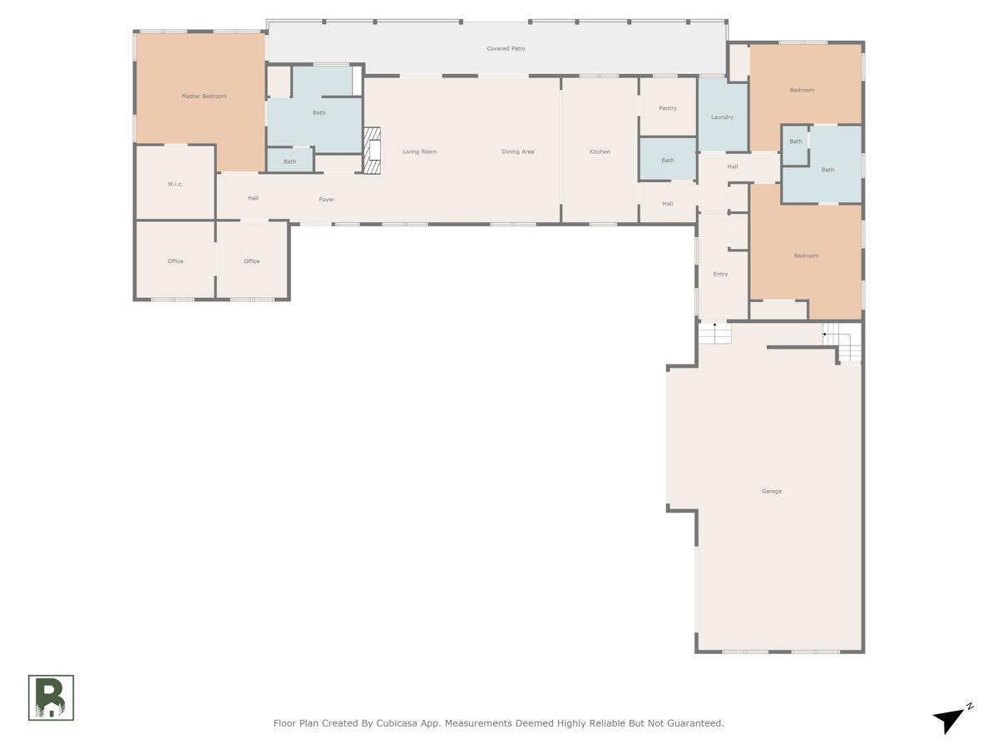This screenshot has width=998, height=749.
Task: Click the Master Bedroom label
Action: coord(204,97)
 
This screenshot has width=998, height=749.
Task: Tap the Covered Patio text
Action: coord(506,49)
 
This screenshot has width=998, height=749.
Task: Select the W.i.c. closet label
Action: coord(175,184)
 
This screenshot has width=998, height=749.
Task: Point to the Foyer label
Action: coord(327,200)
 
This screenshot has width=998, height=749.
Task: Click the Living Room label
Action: coord(420,151)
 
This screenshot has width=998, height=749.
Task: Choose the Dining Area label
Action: coord(517,151)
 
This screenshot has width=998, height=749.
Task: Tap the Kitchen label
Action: coord(600,151)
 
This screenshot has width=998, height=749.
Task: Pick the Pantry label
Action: coord(667,108)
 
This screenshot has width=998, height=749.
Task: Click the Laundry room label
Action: coord(722,117)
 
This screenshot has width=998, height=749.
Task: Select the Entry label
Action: coord(720,275)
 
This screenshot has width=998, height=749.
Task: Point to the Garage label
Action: coord(771,492)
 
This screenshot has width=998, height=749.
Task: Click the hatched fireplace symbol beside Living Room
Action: coord(372,151)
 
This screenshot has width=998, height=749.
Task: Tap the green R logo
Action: coord(51,697)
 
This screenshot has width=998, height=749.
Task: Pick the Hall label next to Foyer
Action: coord(253,198)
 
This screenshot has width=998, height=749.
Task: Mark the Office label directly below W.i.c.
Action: coord(175,261)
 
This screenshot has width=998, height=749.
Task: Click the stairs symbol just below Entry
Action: coord(714,333)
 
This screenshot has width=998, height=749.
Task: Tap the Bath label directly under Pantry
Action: coord(667,161)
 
